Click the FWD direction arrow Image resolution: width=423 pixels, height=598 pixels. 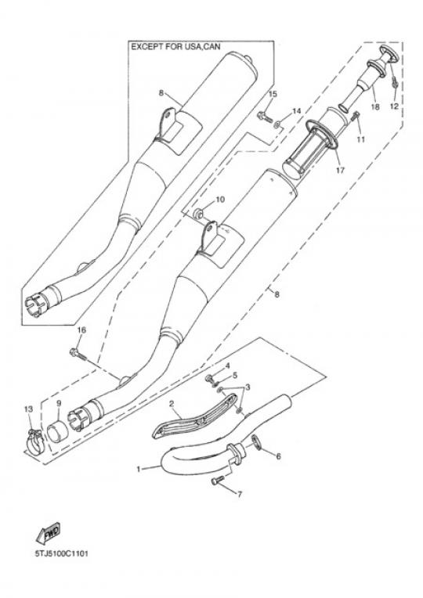tap(48, 532)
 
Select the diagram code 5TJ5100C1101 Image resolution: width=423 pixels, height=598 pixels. tap(61, 553)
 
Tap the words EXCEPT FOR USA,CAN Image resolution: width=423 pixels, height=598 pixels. tap(176, 47)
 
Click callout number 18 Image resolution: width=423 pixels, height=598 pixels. tap(375, 106)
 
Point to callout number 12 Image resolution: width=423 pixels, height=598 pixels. tap(394, 106)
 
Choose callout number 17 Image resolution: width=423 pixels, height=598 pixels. tap(340, 170)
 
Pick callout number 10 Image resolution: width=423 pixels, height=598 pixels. tap(220, 200)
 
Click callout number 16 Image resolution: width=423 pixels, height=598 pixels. tap(81, 330)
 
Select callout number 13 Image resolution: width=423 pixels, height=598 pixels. tap(29, 409)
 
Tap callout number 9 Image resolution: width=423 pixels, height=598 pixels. tap(59, 403)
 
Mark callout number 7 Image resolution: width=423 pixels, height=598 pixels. tap(240, 495)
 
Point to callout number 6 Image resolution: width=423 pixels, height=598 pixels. tap(278, 456)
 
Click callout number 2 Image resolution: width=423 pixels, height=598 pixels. tap(172, 403)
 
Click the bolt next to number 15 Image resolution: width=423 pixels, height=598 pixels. tap(265, 116)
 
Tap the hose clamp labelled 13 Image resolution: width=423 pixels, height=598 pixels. tap(35, 441)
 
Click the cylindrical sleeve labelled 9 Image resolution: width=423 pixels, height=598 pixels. tap(56, 431)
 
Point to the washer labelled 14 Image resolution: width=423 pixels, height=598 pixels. tap(277, 123)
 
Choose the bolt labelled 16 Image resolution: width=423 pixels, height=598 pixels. tap(78, 355)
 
